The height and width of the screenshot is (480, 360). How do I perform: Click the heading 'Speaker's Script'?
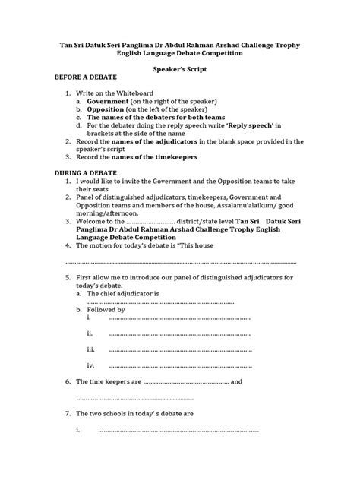[179, 68]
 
